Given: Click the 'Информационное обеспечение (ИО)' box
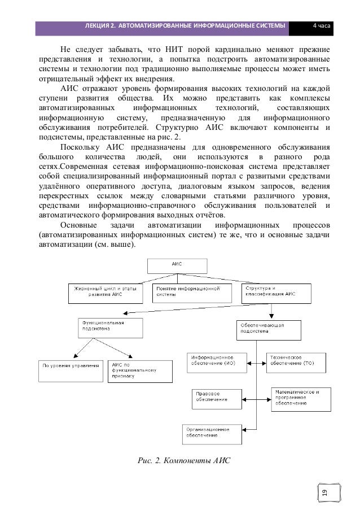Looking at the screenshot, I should [x=215, y=360].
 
